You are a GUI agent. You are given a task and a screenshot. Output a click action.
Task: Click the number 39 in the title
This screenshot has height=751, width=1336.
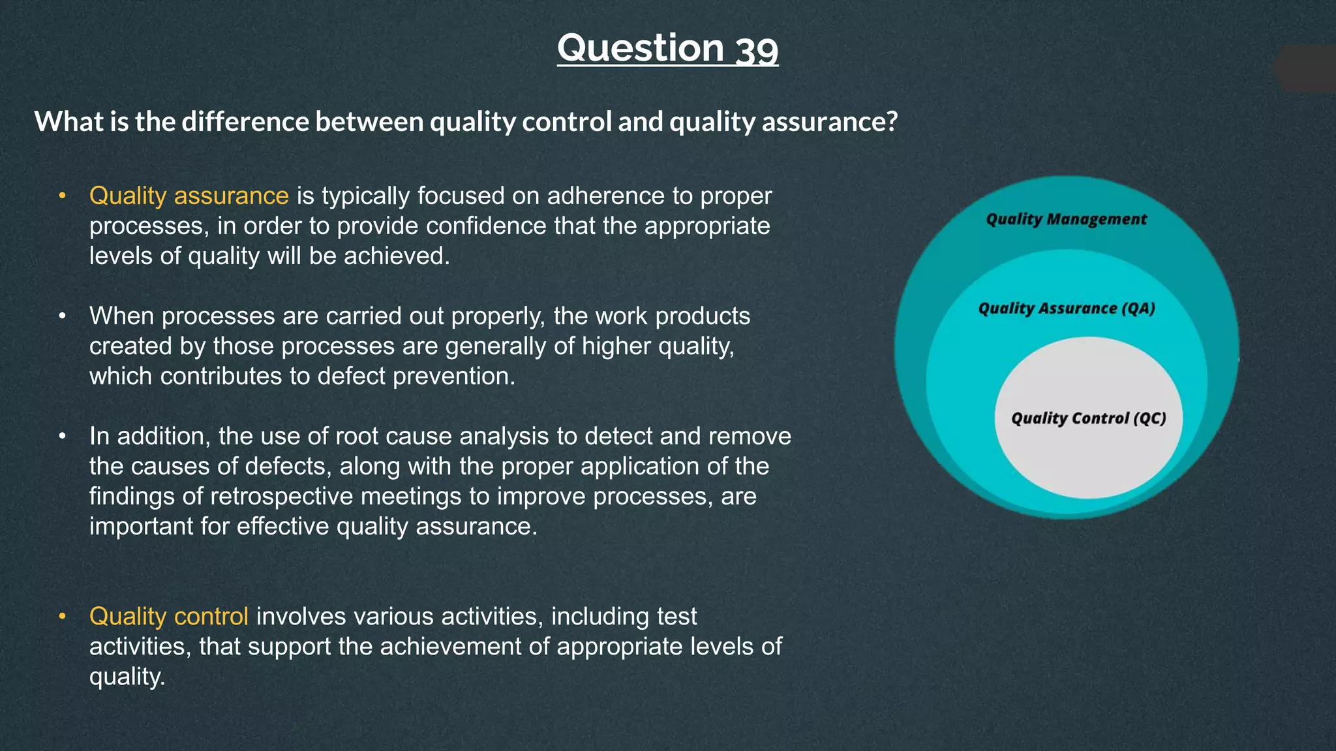[757, 49]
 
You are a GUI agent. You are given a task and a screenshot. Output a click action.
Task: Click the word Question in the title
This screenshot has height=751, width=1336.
[641, 49]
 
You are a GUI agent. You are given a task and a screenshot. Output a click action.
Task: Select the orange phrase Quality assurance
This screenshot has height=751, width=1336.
[189, 196]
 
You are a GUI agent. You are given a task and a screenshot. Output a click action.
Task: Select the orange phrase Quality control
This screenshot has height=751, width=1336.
[168, 616]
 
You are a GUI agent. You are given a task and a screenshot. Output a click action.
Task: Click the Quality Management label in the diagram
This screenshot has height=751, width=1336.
[1066, 219]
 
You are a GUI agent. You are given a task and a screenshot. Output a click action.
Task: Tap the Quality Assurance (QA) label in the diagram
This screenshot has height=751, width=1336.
[1066, 308]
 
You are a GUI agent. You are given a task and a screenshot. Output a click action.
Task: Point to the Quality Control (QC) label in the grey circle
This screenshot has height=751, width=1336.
[1088, 418]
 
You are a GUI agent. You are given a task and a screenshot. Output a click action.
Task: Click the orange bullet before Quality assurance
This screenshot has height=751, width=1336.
[62, 196]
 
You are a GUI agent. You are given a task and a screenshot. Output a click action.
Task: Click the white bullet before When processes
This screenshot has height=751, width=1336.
[62, 316]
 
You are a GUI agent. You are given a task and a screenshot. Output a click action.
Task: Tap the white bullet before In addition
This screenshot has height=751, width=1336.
[62, 436]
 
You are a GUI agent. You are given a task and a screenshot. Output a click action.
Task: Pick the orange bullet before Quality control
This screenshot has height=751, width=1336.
[62, 616]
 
